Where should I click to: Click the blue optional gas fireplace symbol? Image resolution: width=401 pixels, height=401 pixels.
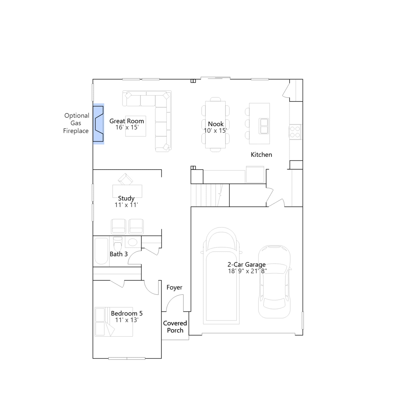98,124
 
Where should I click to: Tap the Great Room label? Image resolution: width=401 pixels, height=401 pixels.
127,121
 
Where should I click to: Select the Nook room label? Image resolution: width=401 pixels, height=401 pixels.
216,124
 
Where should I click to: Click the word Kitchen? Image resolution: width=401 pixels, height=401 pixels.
261,155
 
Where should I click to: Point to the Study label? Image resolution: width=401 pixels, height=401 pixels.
126,198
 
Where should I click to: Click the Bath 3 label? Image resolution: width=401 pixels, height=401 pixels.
119,254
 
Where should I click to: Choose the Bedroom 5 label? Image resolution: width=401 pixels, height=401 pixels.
127,314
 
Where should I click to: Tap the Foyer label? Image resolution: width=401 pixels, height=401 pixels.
174,287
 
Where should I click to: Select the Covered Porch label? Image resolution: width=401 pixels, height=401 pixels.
175,327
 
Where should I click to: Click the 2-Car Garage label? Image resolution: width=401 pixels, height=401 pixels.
246,265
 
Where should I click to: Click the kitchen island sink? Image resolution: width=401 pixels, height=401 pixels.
264,126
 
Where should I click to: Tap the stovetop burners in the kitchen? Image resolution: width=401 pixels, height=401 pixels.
295,132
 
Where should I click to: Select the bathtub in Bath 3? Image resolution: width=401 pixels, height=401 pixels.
101,251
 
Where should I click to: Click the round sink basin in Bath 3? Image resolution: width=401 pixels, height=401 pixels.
133,242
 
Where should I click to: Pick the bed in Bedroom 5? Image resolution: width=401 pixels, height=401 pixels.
114,322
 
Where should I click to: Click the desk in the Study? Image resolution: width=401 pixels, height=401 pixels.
127,191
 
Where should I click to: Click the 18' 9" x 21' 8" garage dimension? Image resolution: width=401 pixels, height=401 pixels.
247,271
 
